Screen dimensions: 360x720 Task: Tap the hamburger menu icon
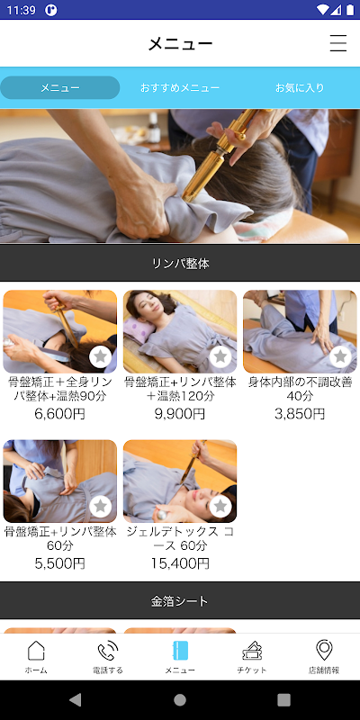338,43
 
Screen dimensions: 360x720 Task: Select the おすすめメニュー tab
180,87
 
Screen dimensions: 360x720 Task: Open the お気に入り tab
300,87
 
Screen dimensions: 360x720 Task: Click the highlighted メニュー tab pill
60,87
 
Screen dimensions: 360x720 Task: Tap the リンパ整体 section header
180,263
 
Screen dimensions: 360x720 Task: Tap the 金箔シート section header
180,600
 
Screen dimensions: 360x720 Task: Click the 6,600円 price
59,414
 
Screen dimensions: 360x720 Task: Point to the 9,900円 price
180,414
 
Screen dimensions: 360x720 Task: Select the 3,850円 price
300,414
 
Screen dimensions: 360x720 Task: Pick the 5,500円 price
59,563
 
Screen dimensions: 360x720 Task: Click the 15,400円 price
180,563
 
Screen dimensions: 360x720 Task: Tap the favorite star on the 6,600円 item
101,356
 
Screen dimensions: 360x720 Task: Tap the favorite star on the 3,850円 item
340,356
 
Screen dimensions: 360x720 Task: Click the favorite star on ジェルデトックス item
220,507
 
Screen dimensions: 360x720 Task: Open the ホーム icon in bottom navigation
36,651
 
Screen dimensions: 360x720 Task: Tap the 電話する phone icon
108,651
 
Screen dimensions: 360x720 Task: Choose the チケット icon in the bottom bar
252,651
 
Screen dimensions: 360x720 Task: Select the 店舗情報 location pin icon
324,650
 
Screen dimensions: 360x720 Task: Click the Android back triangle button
76,699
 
